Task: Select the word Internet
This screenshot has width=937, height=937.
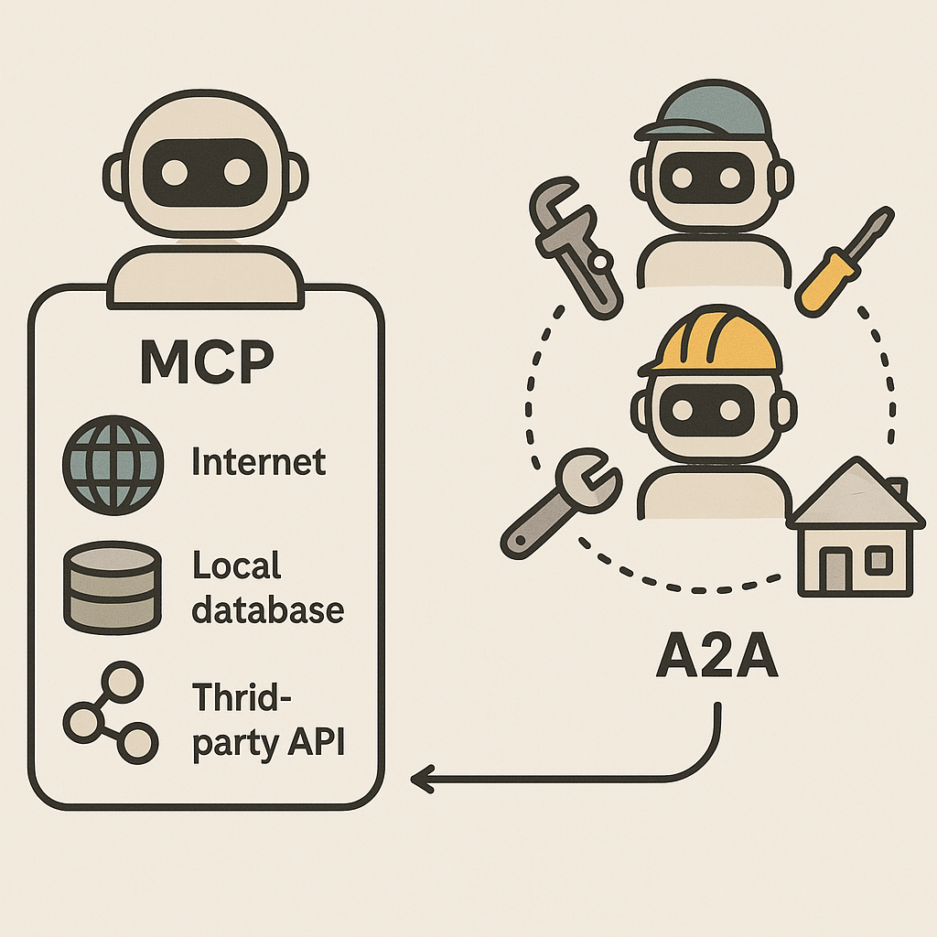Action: coord(259,461)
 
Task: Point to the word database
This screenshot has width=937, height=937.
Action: coord(268,609)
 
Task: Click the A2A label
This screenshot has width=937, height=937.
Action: coord(716,658)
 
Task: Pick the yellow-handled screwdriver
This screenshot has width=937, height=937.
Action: coord(842,260)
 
